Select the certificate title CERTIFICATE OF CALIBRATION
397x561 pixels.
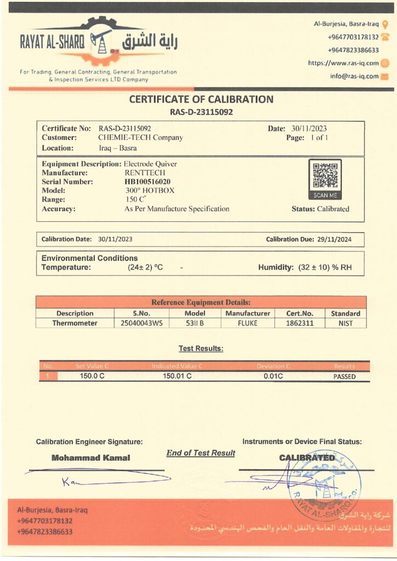click(x=201, y=99)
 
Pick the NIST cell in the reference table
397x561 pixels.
click(x=345, y=323)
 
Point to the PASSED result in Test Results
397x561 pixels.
click(x=344, y=376)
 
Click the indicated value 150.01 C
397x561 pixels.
click(x=178, y=376)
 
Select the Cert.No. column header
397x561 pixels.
click(x=300, y=313)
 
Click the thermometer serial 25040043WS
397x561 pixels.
click(x=141, y=323)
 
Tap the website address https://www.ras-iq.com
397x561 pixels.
click(x=343, y=63)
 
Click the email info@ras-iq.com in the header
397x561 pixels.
click(x=354, y=76)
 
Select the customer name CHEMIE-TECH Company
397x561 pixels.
click(x=140, y=138)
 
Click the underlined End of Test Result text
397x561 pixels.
click(x=201, y=453)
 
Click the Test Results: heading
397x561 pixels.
click(x=201, y=348)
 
